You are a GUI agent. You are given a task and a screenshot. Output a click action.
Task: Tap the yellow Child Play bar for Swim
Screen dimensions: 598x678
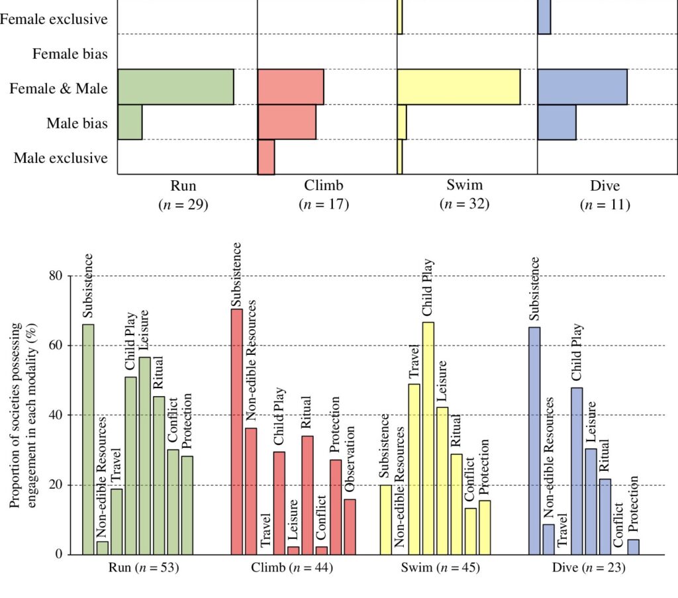[x=428, y=438]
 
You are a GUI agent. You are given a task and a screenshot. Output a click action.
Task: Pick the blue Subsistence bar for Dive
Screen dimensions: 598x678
[x=534, y=440]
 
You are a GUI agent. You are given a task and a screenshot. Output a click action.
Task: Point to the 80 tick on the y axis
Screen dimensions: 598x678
[x=56, y=275]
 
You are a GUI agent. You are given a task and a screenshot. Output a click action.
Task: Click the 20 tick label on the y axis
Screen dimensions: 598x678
[x=56, y=485]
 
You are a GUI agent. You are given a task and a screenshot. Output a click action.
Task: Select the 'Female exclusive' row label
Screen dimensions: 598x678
[x=54, y=19]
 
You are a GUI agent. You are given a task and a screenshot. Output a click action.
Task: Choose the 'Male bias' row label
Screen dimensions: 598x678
[x=77, y=123]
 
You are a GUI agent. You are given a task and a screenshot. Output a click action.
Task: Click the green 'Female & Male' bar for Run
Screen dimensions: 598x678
[x=176, y=87]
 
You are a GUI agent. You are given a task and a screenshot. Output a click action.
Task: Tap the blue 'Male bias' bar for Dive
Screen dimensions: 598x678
[x=557, y=122]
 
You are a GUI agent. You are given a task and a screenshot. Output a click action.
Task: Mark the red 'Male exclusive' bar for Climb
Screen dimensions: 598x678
[x=266, y=157]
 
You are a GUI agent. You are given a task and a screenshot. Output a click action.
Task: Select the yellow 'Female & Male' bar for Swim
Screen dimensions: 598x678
[x=459, y=87]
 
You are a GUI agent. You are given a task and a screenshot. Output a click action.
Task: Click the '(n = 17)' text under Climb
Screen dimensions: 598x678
[x=324, y=205]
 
